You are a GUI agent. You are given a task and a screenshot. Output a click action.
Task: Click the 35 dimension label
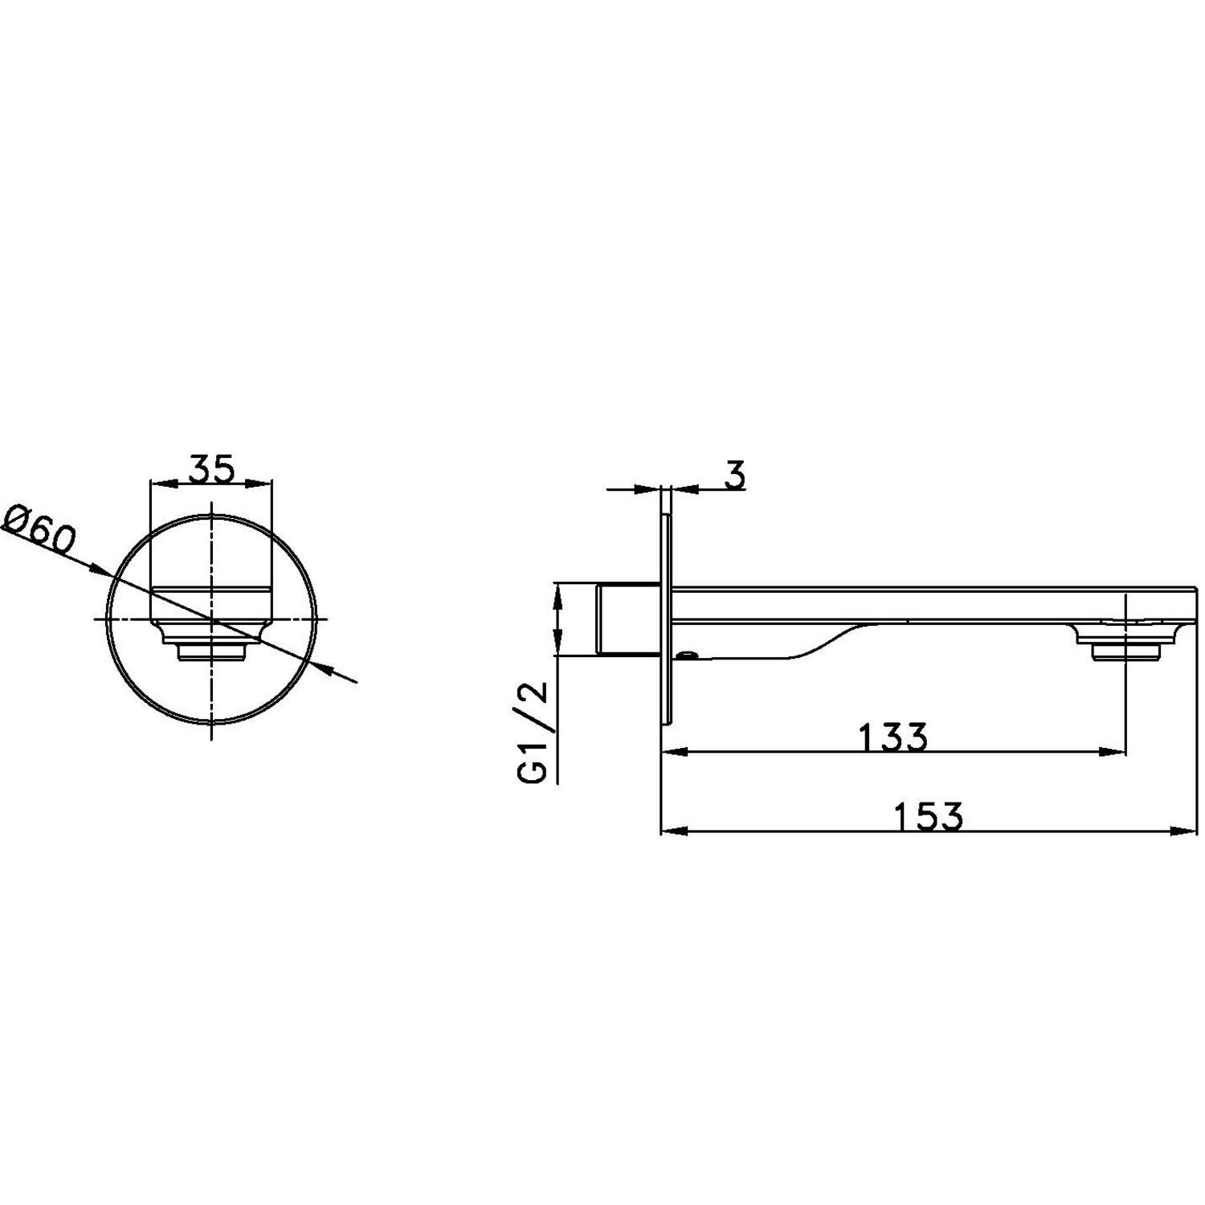[x=212, y=468]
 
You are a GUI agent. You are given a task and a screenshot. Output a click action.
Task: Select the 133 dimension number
[x=893, y=737]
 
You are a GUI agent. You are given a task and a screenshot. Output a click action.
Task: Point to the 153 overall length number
[x=928, y=817]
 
